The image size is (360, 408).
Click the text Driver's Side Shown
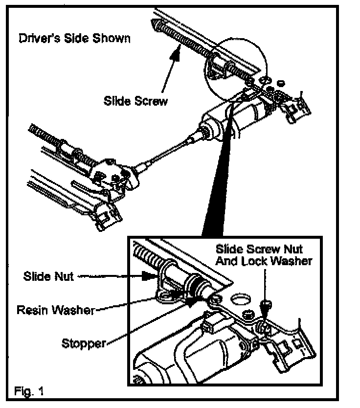coord(74,38)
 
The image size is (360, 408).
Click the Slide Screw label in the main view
coord(135,101)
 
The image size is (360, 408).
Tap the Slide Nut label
coord(48,276)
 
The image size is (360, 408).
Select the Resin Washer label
coord(54,310)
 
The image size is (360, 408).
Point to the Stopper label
coord(84,342)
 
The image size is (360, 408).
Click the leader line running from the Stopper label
coord(147,323)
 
